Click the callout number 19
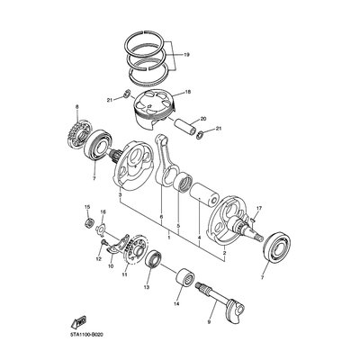coord(186,55)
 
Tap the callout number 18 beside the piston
coord(188,91)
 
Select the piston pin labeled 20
coord(186,127)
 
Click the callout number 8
coord(76,106)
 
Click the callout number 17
coord(259,208)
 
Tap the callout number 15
coord(87,207)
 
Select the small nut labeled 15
coord(88,222)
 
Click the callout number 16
coord(103,212)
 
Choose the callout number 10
coord(111,265)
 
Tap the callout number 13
coord(146,287)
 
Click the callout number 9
coord(209,322)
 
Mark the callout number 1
coord(169,238)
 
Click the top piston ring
coord(144,31)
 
